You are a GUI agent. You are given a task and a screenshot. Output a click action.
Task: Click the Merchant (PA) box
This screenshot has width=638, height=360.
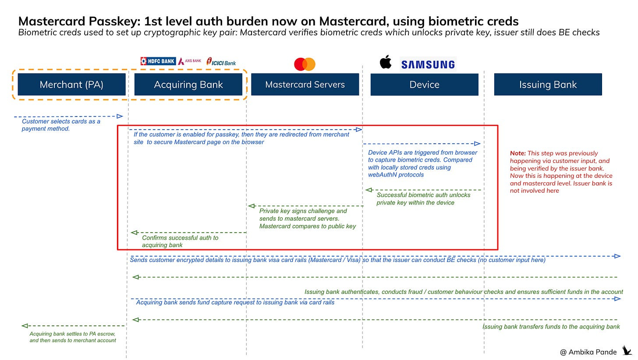(x=71, y=85)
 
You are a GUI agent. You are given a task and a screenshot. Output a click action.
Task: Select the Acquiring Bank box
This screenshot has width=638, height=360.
(x=188, y=85)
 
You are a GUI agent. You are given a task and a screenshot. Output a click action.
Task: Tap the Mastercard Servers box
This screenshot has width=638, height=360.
(x=305, y=85)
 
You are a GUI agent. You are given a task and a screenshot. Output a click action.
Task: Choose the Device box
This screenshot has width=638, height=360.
(x=424, y=85)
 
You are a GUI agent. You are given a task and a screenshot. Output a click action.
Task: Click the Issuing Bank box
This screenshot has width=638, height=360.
(x=548, y=85)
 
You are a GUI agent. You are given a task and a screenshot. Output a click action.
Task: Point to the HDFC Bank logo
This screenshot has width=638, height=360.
(x=158, y=61)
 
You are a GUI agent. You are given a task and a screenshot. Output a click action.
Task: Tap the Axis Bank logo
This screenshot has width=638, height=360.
(x=190, y=61)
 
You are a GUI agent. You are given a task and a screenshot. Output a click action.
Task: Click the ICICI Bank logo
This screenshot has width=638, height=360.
(x=221, y=62)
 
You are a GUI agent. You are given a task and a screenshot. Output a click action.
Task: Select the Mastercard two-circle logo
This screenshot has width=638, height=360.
(x=305, y=64)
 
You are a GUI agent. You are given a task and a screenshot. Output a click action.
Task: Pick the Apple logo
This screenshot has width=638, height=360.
(x=386, y=63)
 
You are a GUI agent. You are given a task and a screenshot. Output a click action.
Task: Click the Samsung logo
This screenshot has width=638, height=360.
(x=428, y=65)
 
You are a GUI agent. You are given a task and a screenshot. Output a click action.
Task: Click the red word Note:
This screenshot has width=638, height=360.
(x=518, y=153)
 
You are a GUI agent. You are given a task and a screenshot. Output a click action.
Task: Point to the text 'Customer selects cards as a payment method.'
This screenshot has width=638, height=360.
(x=61, y=125)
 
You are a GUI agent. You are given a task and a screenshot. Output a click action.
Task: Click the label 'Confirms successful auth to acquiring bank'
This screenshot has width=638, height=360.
(x=180, y=241)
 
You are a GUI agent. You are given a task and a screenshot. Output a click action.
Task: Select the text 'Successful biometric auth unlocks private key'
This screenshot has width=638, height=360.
(x=423, y=198)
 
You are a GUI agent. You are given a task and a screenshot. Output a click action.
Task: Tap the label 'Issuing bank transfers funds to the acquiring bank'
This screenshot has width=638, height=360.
(x=551, y=327)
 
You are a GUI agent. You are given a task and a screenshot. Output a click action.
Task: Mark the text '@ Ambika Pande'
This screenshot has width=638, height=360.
(x=588, y=352)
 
